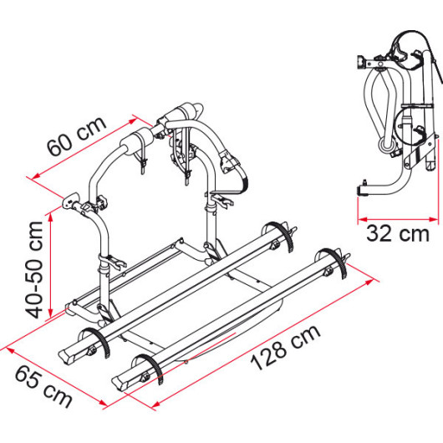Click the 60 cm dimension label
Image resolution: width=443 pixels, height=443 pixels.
click(x=77, y=135)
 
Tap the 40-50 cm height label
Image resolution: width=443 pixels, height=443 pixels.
click(x=34, y=270)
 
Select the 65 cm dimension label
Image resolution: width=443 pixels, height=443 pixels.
click(x=43, y=387)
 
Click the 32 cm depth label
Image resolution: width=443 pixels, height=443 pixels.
click(x=398, y=234)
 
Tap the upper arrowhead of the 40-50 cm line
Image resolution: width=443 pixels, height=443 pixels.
click(x=51, y=217)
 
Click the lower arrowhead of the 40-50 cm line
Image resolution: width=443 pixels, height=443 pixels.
click(x=51, y=313)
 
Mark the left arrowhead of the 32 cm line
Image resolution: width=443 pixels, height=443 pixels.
click(x=363, y=219)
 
